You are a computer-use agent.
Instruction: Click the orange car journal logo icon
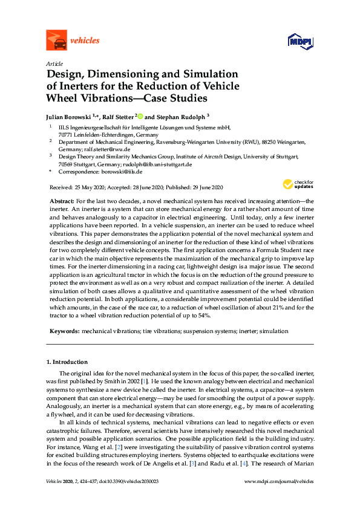tap(56, 41)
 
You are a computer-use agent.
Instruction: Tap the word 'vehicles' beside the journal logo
tap(85, 41)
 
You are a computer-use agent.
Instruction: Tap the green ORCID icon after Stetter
tap(140, 116)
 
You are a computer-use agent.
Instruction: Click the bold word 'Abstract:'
tap(62, 199)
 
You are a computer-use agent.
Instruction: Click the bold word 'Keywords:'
tap(64, 331)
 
